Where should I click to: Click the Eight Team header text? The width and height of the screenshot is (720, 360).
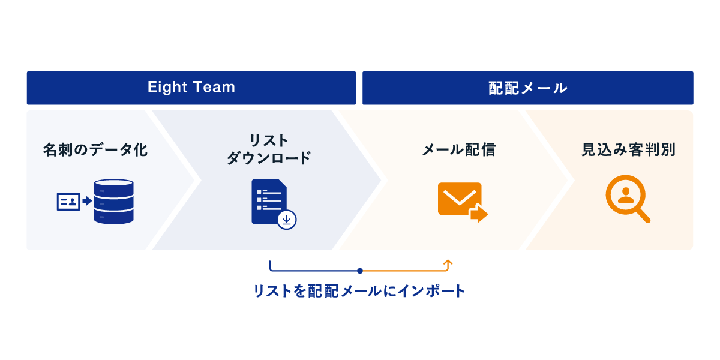[x=191, y=88]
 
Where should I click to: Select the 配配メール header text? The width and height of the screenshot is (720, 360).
[x=527, y=88]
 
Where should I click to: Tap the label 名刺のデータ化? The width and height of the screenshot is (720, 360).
[x=95, y=149]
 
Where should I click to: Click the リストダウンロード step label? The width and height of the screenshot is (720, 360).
[x=268, y=149]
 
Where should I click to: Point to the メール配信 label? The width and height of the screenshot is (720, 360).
[x=458, y=149]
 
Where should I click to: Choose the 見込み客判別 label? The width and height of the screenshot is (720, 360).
[x=628, y=149]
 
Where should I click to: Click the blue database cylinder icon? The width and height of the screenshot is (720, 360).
[x=113, y=202]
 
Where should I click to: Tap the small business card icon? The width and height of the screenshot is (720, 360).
[x=68, y=202]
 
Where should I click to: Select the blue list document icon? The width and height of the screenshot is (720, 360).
[x=268, y=201]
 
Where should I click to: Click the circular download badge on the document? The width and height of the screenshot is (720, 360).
[x=287, y=220]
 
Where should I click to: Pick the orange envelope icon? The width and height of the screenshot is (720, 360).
[x=460, y=198]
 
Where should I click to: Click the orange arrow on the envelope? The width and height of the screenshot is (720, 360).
[x=479, y=214]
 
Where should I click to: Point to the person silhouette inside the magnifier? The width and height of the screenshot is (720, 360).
[x=625, y=195]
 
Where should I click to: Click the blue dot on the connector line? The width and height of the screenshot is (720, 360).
[x=359, y=271]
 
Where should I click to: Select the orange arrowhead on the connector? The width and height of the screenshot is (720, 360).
[x=448, y=262]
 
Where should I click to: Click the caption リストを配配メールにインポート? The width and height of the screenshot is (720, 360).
[x=359, y=292]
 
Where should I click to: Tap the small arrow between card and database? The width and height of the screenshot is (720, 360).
[x=87, y=201]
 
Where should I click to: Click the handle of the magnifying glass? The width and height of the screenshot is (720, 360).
[x=643, y=215]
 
